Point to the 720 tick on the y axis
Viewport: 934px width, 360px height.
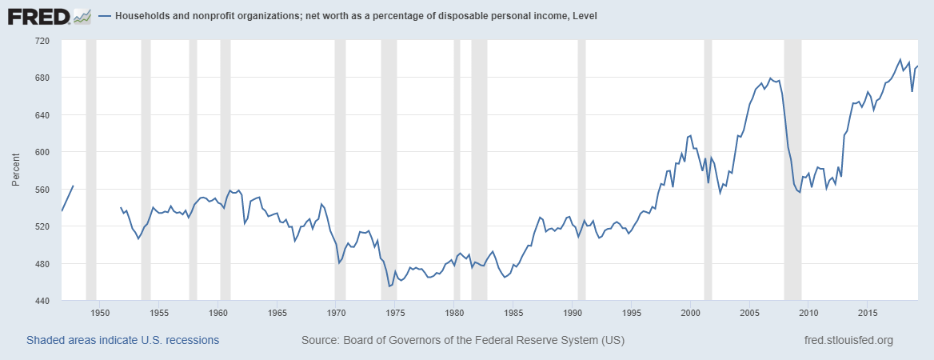pyautogui.click(x=41, y=40)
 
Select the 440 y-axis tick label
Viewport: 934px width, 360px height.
pyautogui.click(x=41, y=301)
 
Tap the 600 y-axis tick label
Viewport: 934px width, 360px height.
pyautogui.click(x=41, y=152)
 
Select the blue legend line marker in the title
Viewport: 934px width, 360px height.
pyautogui.click(x=106, y=16)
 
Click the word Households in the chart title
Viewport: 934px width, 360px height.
pyautogui.click(x=145, y=16)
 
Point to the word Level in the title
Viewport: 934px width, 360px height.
pyautogui.click(x=581, y=16)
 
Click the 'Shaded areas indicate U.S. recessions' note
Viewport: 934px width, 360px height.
pyautogui.click(x=122, y=341)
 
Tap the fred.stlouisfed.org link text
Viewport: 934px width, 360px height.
pyautogui.click(x=848, y=341)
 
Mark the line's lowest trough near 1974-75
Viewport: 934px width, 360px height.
pyautogui.click(x=389, y=286)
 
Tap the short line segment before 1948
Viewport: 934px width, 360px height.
pyautogui.click(x=67, y=198)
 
